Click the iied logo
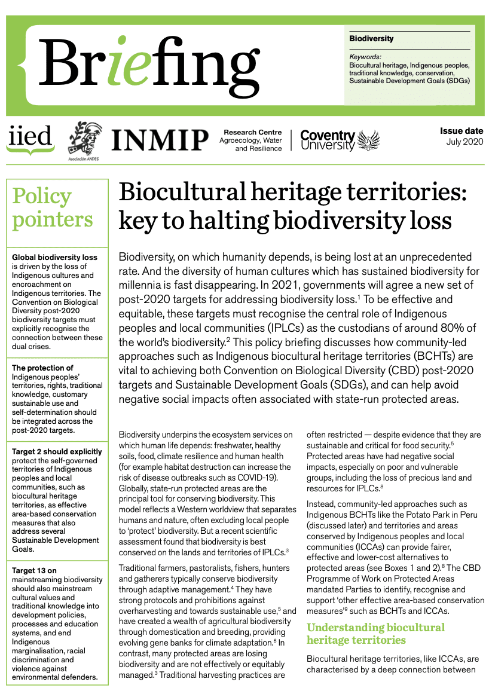[x=30, y=139]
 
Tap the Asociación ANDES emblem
[x=84, y=141]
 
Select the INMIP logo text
[x=160, y=139]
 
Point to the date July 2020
[x=465, y=142]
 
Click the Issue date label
[x=462, y=131]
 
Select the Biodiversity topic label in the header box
[x=371, y=39]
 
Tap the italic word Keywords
[x=365, y=57]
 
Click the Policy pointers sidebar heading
[x=53, y=207]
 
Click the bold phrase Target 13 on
[x=35, y=571]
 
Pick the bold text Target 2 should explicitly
[x=57, y=452]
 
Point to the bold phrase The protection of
[x=42, y=368]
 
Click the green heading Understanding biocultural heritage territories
[x=375, y=634]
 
